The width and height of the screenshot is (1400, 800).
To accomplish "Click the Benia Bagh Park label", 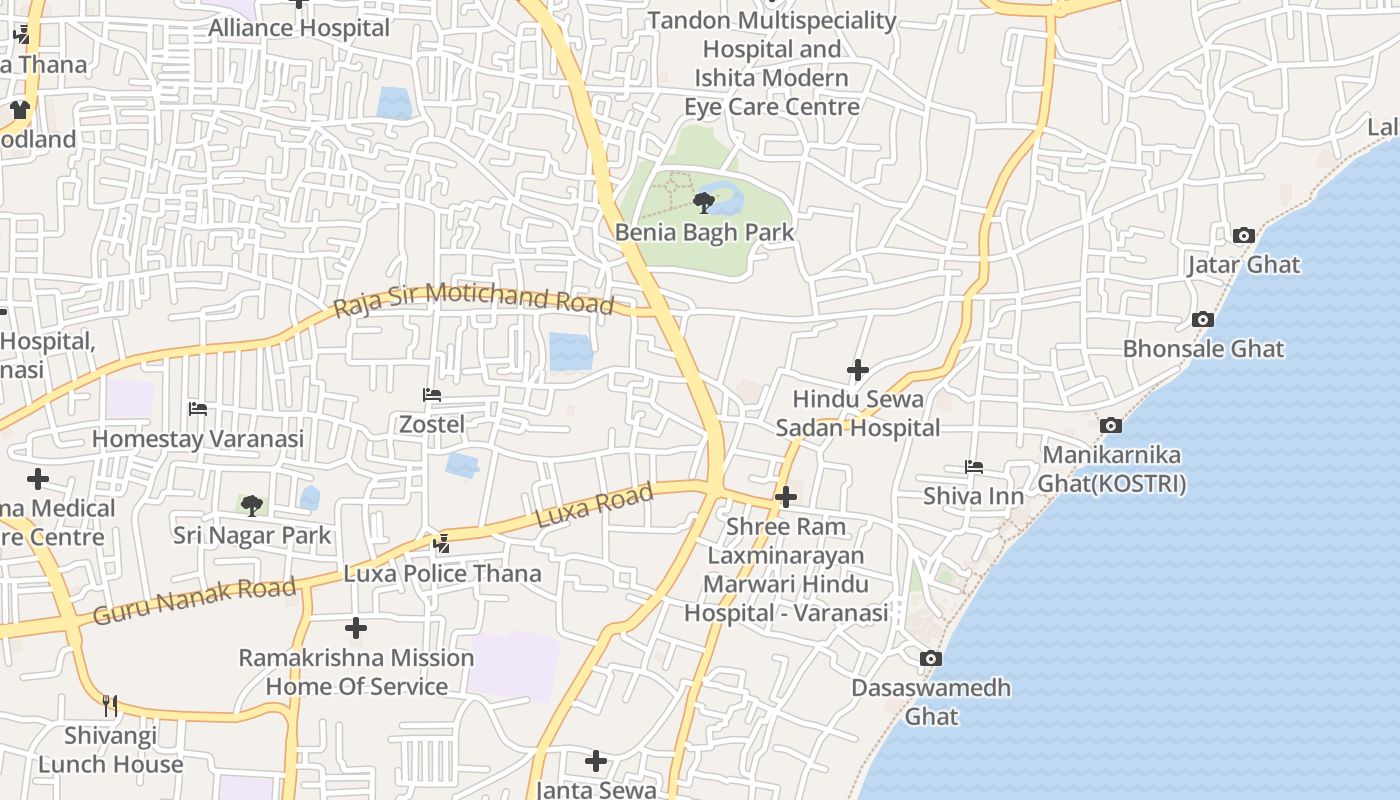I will pos(704,232).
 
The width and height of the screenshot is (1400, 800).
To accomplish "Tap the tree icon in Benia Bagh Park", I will pos(704,203).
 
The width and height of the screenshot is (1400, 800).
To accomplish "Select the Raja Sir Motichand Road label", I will pos(473,299).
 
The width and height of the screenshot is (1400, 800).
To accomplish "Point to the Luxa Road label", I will pos(595,505).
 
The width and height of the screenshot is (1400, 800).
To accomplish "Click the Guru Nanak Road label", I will pos(194,601).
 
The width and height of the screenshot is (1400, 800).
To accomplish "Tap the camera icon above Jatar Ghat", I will pos(1244,236).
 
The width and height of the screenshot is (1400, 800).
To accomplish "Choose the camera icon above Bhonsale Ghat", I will pos(1203,320).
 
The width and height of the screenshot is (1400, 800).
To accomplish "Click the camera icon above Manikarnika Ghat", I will pos(1110,426).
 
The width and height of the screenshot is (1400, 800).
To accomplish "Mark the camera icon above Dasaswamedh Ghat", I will pos(931,658).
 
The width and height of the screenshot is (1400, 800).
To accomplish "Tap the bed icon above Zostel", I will pos(432,395).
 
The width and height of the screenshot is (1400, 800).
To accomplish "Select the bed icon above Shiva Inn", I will pos(973,467).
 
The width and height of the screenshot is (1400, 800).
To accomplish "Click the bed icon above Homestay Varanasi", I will pos(198,409).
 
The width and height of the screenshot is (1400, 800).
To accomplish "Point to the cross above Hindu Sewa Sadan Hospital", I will pos(857,370).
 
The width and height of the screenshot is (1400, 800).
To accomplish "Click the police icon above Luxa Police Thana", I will pos(442,544).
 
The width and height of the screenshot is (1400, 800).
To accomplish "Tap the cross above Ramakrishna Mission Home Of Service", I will pos(356,628).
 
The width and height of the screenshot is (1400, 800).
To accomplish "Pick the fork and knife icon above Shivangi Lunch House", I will pos(110,706).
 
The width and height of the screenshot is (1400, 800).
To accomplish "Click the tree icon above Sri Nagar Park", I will pos(252,506).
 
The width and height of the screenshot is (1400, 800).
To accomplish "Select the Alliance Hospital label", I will pos(299,28).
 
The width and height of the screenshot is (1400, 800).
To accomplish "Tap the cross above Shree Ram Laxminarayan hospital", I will pos(786,496).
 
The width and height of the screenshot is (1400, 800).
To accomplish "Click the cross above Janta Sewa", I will pos(596,761).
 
